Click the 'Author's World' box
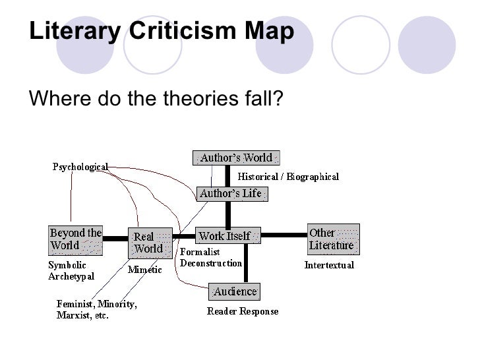(236, 158)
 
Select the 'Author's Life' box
(230, 194)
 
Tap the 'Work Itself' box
(227, 235)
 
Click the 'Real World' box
(149, 243)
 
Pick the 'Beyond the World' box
(76, 240)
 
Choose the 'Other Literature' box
(332, 239)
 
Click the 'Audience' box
(234, 291)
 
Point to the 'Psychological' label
(80, 167)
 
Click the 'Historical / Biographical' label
(288, 177)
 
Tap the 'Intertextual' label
(329, 265)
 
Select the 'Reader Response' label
(243, 311)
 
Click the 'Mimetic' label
(144, 270)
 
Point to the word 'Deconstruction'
(211, 263)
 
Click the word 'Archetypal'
(71, 276)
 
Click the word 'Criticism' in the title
(156, 31)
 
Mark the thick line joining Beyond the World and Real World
(115, 238)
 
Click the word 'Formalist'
(200, 252)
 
